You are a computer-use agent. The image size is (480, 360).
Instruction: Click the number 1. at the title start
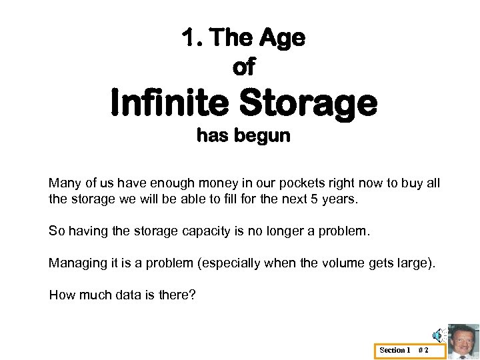(x=193, y=39)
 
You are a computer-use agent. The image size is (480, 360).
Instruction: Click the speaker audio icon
(x=437, y=335)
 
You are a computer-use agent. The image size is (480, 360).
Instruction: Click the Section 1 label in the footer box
(x=395, y=350)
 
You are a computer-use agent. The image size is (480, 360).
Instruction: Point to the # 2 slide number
(x=423, y=350)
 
